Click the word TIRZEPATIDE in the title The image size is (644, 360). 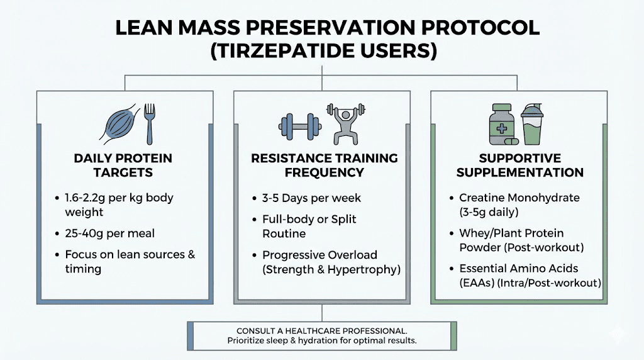coord(276,50)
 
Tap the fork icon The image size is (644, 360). coord(150,123)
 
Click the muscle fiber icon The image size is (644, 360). coord(121,124)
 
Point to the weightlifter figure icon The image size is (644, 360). coord(345,123)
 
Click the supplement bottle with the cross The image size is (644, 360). coord(503,124)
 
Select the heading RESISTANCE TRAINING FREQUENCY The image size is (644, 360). coord(324,165)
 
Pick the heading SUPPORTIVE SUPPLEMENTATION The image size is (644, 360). coord(519,165)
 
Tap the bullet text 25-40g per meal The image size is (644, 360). coord(109,233)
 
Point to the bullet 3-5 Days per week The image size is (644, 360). coord(311,198)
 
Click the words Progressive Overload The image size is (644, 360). coord(319,255)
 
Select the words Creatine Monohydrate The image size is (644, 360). coord(519,198)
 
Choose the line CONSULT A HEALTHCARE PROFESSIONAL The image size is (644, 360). coord(321,331)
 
